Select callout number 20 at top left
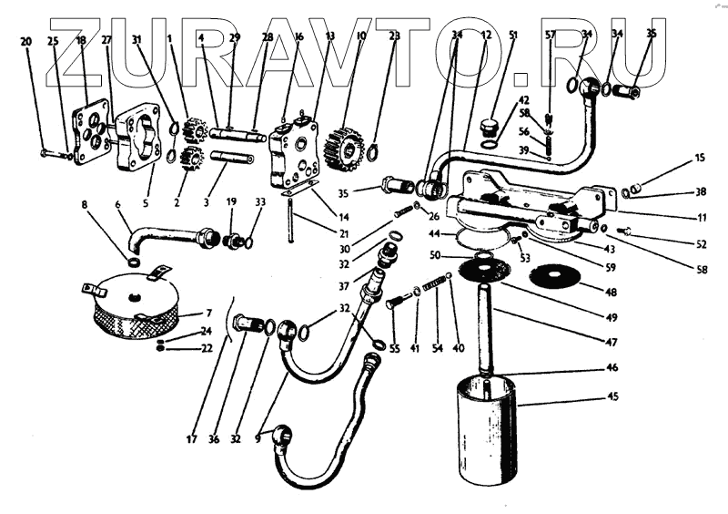25,40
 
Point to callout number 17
191,440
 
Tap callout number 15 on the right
700,158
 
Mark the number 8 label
86,205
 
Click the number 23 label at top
394,36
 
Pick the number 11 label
701,219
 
